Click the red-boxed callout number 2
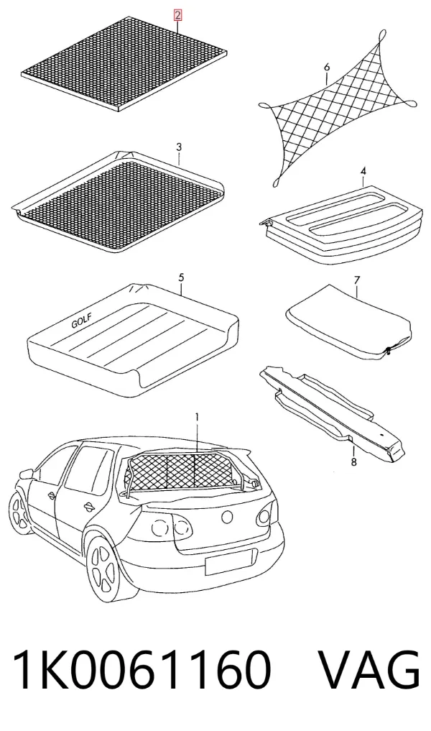pyautogui.click(x=177, y=16)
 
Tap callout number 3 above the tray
pyautogui.click(x=179, y=147)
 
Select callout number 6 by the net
pyautogui.click(x=327, y=68)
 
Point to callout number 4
pyautogui.click(x=363, y=172)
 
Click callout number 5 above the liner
pyautogui.click(x=181, y=278)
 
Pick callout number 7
pyautogui.click(x=357, y=280)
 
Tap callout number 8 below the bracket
pyautogui.click(x=353, y=462)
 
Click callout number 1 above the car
pyautogui.click(x=197, y=417)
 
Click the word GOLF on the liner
pyautogui.click(x=82, y=322)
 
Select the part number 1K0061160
pyautogui.click(x=142, y=669)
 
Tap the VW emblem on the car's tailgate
pyautogui.click(x=228, y=517)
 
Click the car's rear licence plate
pyautogui.click(x=231, y=562)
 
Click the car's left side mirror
pyautogui.click(x=25, y=474)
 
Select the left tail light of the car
pyautogui.click(x=172, y=528)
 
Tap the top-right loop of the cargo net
pyautogui.click(x=382, y=35)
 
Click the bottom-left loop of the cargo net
pyautogui.click(x=277, y=183)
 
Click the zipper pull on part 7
pyautogui.click(x=388, y=351)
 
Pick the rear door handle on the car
pyautogui.click(x=88, y=506)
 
